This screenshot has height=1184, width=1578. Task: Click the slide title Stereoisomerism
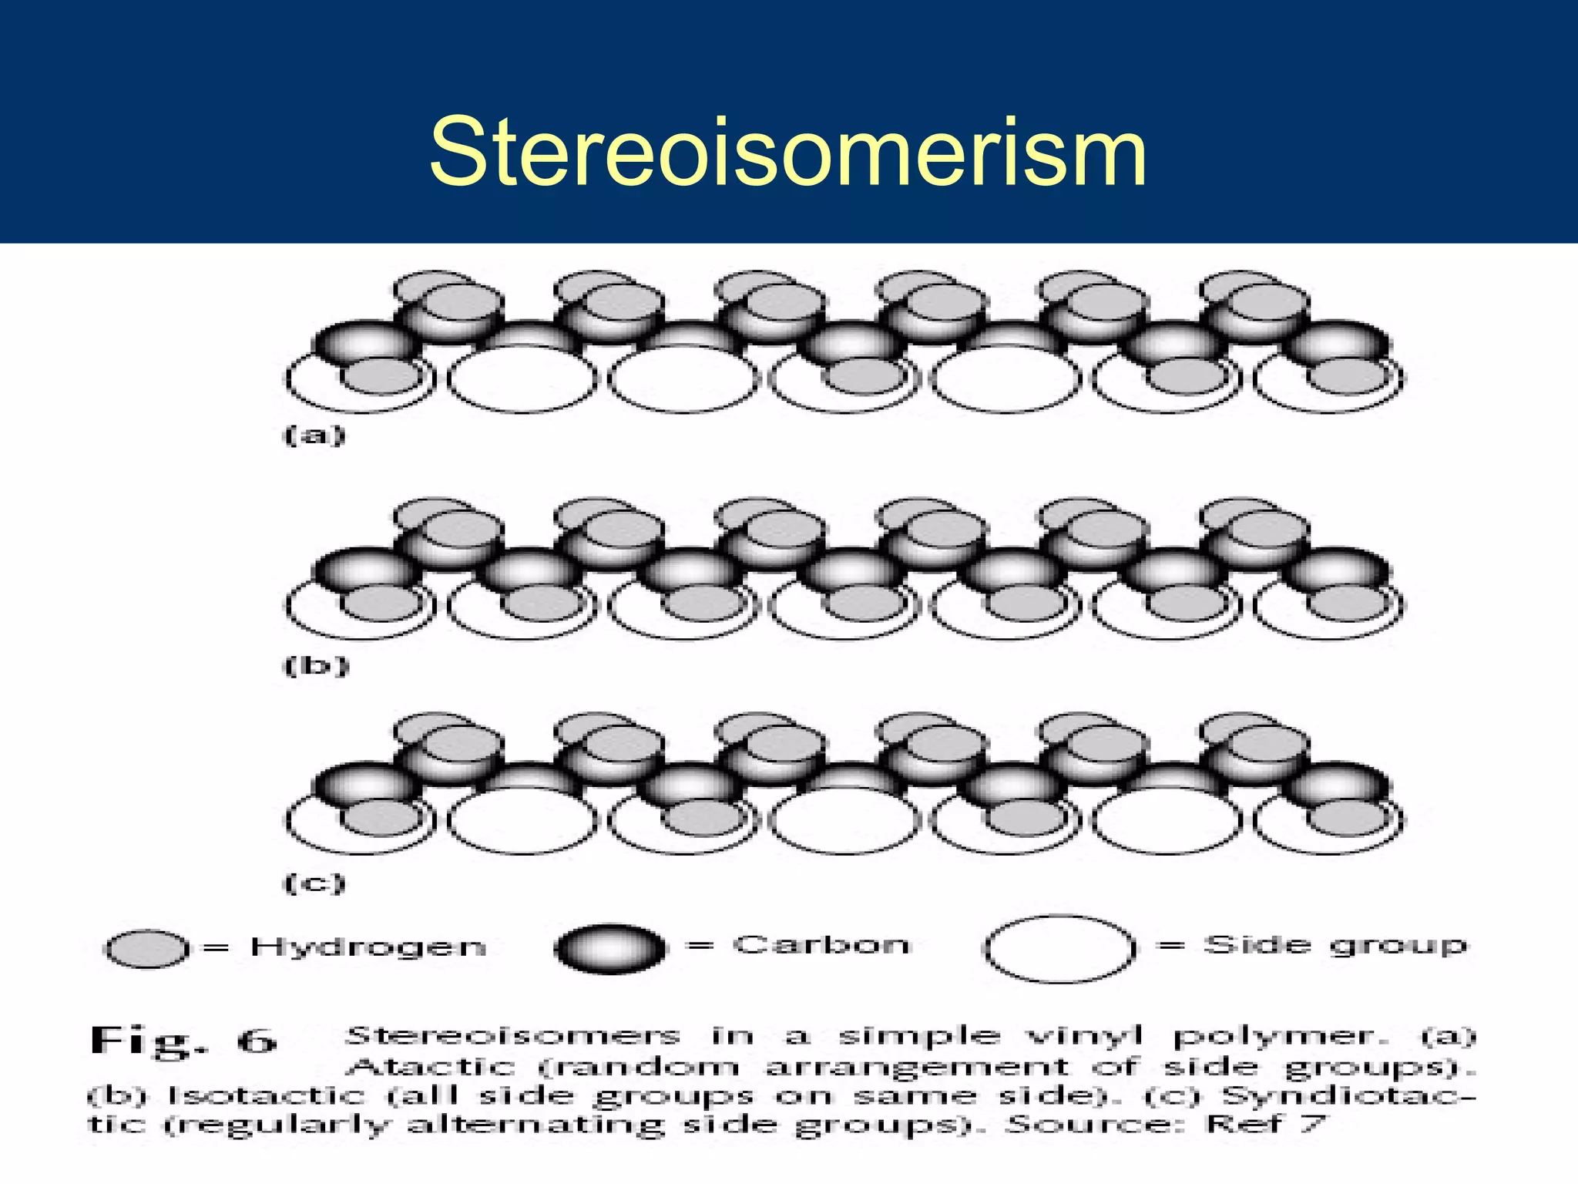(787, 151)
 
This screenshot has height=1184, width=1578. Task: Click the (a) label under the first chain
(314, 436)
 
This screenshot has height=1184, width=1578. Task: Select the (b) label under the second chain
(317, 664)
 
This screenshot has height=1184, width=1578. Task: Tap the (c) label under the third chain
(315, 883)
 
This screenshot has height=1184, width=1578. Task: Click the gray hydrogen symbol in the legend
(146, 949)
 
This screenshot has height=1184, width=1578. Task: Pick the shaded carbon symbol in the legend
(609, 947)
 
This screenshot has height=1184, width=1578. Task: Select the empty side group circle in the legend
(1059, 948)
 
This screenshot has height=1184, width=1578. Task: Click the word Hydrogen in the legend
(368, 947)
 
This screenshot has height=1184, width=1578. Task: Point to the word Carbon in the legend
(821, 945)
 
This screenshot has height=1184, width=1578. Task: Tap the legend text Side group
(1335, 945)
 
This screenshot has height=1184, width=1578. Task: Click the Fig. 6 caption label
(183, 1041)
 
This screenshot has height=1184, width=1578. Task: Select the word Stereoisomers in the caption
(512, 1036)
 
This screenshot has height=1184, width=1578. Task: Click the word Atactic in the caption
(430, 1068)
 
